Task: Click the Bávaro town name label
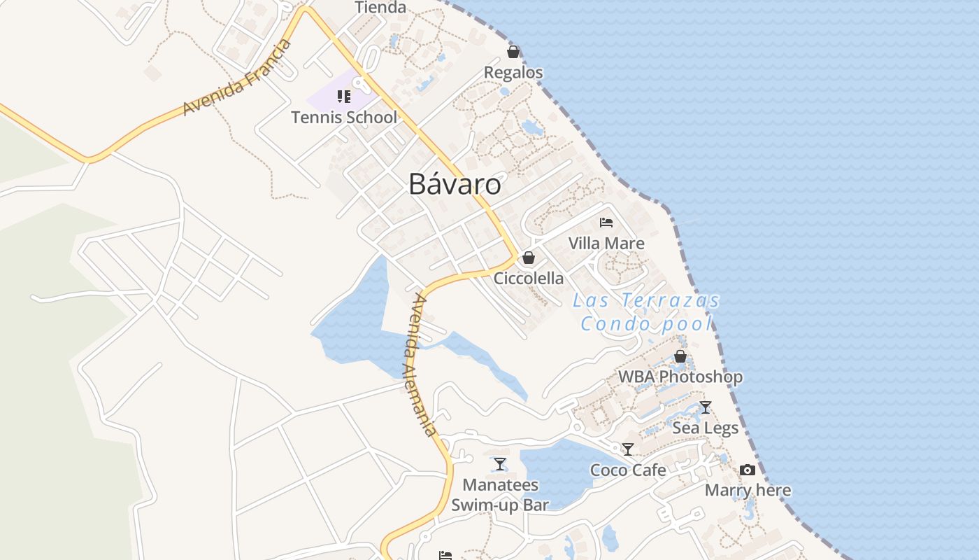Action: pos(455,184)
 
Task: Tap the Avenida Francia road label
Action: pos(237,78)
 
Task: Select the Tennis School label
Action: pos(344,118)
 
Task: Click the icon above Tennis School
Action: pos(343,96)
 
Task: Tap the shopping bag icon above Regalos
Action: pos(513,52)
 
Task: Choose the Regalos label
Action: pos(513,73)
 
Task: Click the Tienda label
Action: pos(380,8)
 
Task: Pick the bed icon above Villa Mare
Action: pos(606,223)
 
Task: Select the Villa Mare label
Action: pos(606,244)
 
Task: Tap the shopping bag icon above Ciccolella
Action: pos(529,258)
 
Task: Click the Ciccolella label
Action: pos(529,279)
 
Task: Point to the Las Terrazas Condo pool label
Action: pos(646,312)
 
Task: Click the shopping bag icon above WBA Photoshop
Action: pos(680,356)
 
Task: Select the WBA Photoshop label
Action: pos(680,377)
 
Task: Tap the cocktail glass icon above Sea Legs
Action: pos(706,407)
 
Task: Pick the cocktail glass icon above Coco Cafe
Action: pos(628,449)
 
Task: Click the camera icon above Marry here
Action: pos(748,470)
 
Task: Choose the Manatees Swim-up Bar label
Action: pos(500,495)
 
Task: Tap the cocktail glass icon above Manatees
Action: pos(500,463)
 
